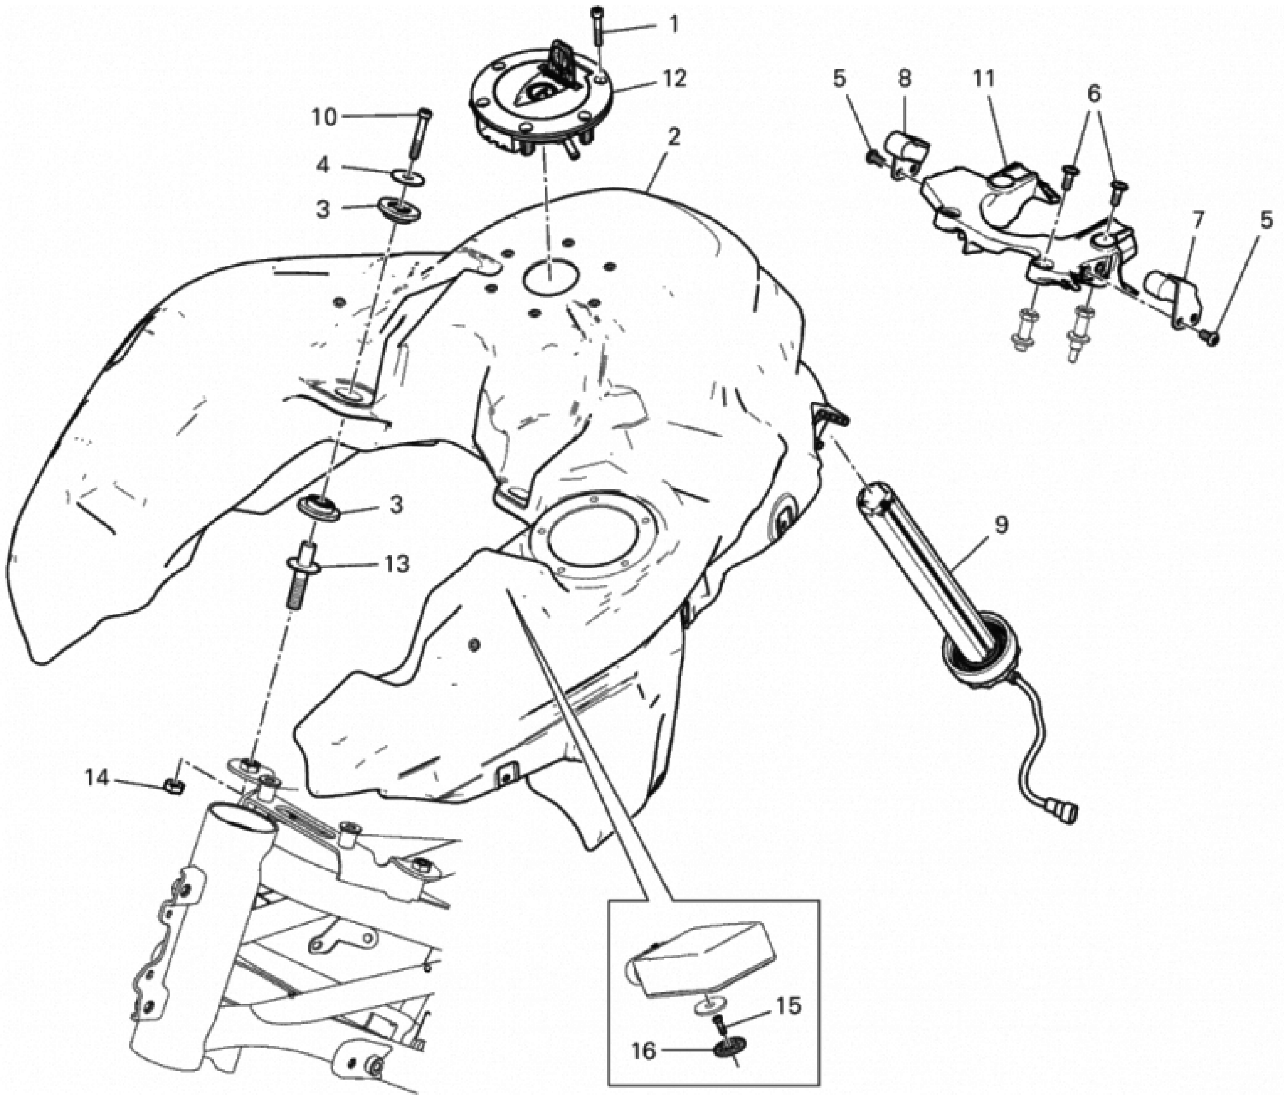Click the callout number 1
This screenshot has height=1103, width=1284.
point(674,25)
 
